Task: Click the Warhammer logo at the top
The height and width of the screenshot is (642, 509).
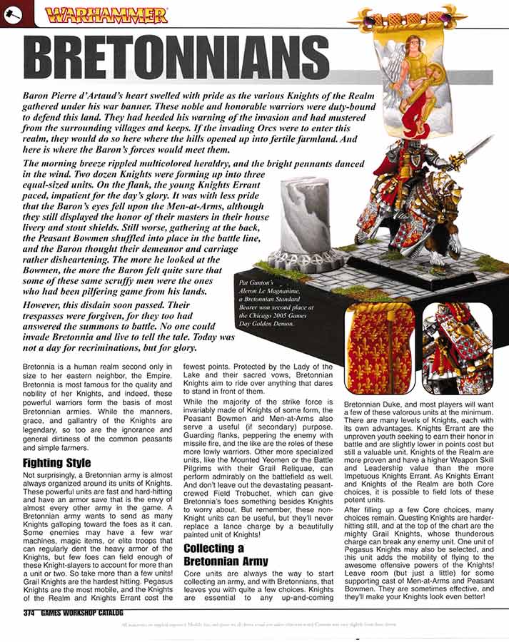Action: tap(106, 14)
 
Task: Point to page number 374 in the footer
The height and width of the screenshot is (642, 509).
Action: tap(29, 612)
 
